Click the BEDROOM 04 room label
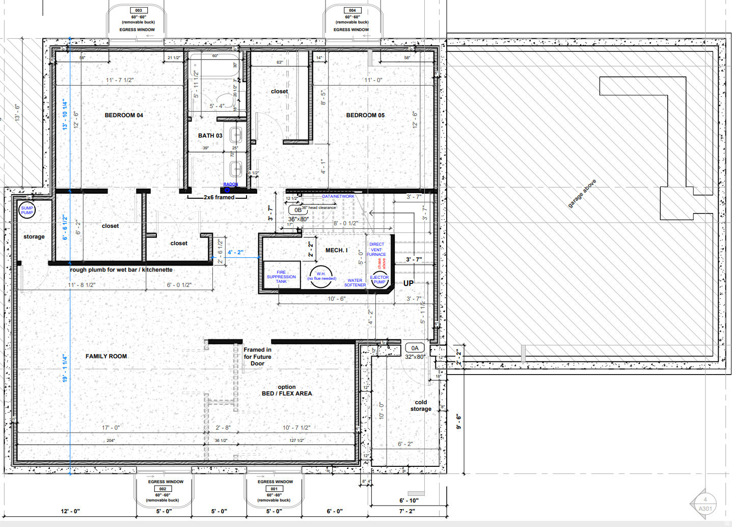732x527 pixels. click(124, 115)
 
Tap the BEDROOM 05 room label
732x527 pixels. click(365, 115)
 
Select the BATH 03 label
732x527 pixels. click(210, 136)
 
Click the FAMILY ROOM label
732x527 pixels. click(106, 356)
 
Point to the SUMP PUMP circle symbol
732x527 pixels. click(27, 210)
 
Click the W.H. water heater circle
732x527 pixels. click(321, 276)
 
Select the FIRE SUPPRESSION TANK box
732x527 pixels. click(281, 277)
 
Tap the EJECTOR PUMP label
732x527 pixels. click(379, 280)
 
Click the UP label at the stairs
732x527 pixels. click(409, 283)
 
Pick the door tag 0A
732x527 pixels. click(415, 348)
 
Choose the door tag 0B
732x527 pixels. click(298, 209)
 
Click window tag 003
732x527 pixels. click(139, 10)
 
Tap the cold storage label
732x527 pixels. click(421, 406)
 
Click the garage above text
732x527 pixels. click(582, 193)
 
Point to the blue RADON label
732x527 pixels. click(230, 184)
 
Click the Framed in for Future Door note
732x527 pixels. click(257, 356)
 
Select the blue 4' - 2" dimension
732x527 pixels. click(235, 252)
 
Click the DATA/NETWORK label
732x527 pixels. click(338, 196)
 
